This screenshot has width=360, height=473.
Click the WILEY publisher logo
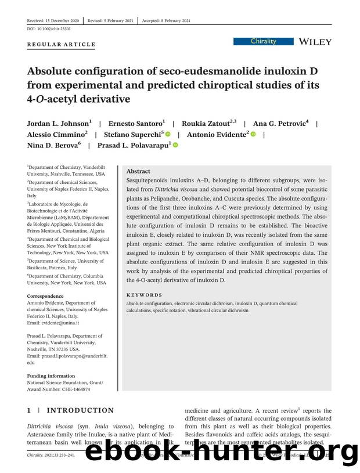click(x=314, y=42)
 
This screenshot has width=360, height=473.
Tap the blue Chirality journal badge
click(x=263, y=42)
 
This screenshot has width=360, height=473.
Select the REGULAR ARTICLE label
click(x=61, y=45)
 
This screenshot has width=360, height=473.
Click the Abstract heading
click(x=138, y=171)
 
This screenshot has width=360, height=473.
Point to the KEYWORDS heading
click(x=144, y=295)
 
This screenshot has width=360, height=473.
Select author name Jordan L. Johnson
click(x=58, y=124)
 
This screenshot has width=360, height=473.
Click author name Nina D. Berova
click(x=53, y=145)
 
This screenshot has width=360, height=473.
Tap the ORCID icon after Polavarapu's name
click(x=175, y=145)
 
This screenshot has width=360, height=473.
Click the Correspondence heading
click(x=45, y=296)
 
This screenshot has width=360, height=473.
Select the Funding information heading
click(x=51, y=376)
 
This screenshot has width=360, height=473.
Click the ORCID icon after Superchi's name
click(x=168, y=135)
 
